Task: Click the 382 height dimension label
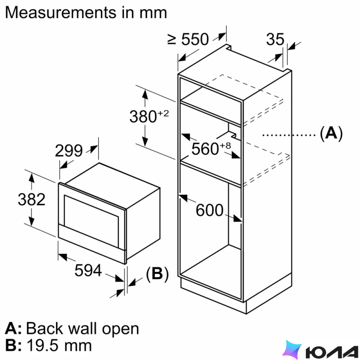point(31,199)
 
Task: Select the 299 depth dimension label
point(69,151)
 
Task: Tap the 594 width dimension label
point(88,270)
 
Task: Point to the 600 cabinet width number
point(209,210)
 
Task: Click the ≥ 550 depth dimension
point(188,39)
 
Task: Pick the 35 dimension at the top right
point(275,39)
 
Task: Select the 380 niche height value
point(143,117)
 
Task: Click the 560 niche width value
point(205,149)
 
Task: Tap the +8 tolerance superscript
point(225,146)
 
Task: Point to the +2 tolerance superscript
point(163,113)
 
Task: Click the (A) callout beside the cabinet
point(331,133)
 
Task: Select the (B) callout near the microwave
point(157,274)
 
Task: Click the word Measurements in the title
point(61,13)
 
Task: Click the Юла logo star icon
point(292,350)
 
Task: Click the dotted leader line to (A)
point(289,135)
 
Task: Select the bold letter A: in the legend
point(13,328)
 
